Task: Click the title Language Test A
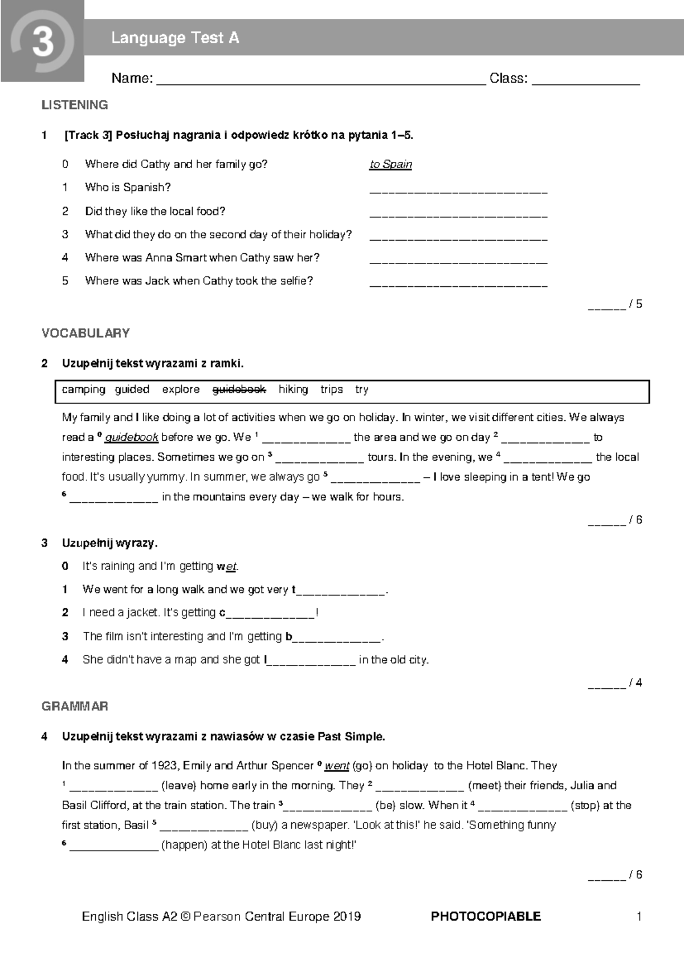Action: coord(175,38)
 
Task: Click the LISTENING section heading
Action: coord(75,105)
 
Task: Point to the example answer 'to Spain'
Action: coord(390,164)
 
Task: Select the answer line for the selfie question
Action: coord(458,284)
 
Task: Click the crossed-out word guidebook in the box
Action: coord(239,389)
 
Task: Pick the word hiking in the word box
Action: coord(293,389)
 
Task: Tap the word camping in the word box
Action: coord(83,389)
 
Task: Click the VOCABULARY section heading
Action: coord(85,333)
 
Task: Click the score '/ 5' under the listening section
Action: coord(635,304)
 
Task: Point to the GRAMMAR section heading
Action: coord(75,706)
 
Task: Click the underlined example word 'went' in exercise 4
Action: coord(337,766)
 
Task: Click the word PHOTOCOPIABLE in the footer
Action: coord(486,916)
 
